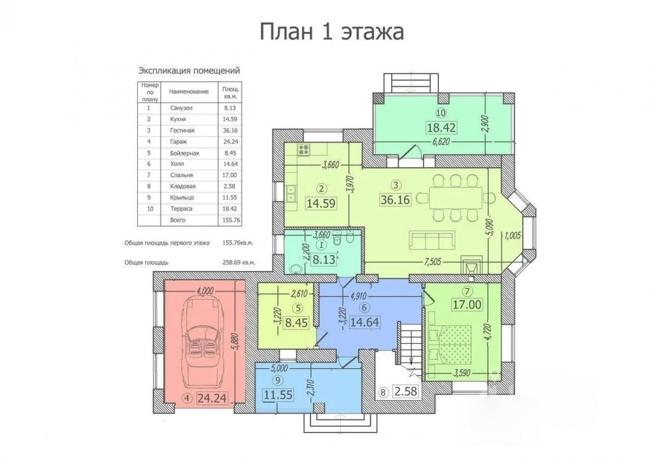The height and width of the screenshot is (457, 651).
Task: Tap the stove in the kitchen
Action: (303, 150)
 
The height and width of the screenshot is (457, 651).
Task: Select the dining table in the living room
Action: (455, 198)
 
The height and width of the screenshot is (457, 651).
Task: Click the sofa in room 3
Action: (432, 240)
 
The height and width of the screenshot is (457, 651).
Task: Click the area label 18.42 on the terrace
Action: (442, 127)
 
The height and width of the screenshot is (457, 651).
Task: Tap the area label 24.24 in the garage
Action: (212, 398)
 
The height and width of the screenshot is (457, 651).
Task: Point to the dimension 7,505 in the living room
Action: (432, 262)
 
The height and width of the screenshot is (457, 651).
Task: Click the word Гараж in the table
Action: (178, 141)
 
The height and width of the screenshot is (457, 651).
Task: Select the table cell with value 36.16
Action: (230, 131)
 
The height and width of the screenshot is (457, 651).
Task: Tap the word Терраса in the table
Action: (181, 209)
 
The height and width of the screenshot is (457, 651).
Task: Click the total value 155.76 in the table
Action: (231, 220)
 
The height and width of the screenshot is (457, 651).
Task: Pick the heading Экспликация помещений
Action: (189, 70)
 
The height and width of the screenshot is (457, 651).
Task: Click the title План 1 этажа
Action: (331, 31)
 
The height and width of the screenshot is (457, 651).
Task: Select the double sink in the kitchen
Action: (291, 194)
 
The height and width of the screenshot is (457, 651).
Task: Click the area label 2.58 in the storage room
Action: (406, 391)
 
